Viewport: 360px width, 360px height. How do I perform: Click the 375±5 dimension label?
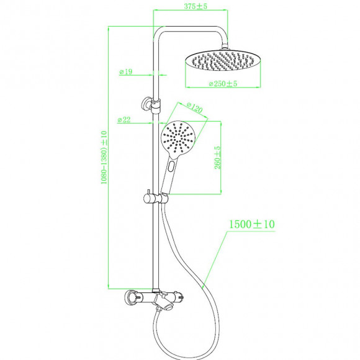191,6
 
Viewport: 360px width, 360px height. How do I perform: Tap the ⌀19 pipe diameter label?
126,71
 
